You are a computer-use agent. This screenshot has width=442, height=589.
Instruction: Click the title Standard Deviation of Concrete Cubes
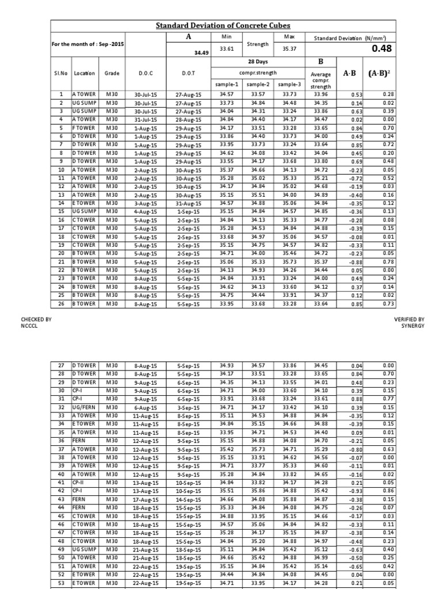click(x=223, y=25)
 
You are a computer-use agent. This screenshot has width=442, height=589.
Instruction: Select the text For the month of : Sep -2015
click(x=88, y=44)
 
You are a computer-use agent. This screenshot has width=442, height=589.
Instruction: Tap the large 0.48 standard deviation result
click(x=381, y=49)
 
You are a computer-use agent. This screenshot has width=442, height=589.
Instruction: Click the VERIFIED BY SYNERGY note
click(x=409, y=322)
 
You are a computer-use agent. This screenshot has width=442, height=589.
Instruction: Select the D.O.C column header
click(x=144, y=74)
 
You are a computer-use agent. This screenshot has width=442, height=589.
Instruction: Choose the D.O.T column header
click(x=188, y=74)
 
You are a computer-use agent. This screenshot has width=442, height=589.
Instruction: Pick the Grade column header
click(x=112, y=74)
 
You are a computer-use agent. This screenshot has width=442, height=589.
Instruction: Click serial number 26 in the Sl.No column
click(x=61, y=303)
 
